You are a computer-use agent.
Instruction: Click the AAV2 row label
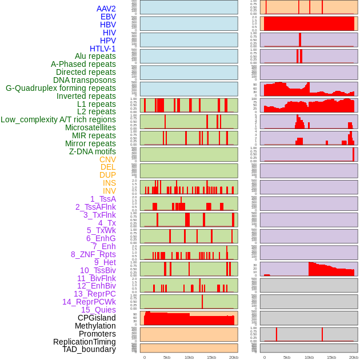pyautogui.click(x=106, y=9)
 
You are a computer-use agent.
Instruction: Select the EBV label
pyautogui.click(x=108, y=17)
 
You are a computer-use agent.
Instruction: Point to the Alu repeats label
pyautogui.click(x=95, y=56)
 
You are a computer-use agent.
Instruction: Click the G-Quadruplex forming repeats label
pyautogui.click(x=61, y=88)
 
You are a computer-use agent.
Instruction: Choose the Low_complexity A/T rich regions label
pyautogui.click(x=58, y=119)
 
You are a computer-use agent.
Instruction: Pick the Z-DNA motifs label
pyautogui.click(x=92, y=151)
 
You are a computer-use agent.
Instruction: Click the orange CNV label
pyautogui.click(x=107, y=159)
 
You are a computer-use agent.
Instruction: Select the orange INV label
pyautogui.click(x=109, y=191)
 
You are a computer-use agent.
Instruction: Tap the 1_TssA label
pyautogui.click(x=103, y=199)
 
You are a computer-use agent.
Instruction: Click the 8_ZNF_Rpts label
pyautogui.click(x=93, y=254)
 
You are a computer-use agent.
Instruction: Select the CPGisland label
pyautogui.click(x=97, y=318)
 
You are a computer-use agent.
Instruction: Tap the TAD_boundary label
pyautogui.click(x=89, y=349)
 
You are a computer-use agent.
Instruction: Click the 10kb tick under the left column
pyautogui.click(x=189, y=357)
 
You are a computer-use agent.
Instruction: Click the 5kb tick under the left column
pyautogui.click(x=167, y=357)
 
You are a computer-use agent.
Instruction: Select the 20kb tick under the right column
pyautogui.click(x=354, y=357)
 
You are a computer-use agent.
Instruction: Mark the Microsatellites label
pyautogui.click(x=90, y=127)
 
